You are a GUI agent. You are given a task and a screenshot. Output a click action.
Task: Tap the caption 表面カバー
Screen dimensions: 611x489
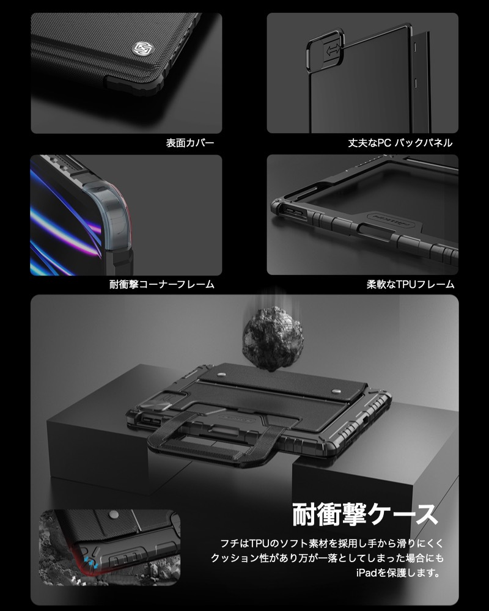190,144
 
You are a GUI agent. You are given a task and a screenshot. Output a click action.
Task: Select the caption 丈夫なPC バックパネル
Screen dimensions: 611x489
401,144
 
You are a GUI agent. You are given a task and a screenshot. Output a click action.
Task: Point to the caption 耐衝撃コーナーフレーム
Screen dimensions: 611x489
162,284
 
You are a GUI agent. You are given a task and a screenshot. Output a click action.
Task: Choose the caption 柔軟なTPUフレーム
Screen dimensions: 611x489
411,284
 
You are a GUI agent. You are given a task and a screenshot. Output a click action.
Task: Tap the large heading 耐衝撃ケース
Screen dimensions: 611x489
366,514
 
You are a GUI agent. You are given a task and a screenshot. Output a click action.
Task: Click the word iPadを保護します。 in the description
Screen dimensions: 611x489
398,573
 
